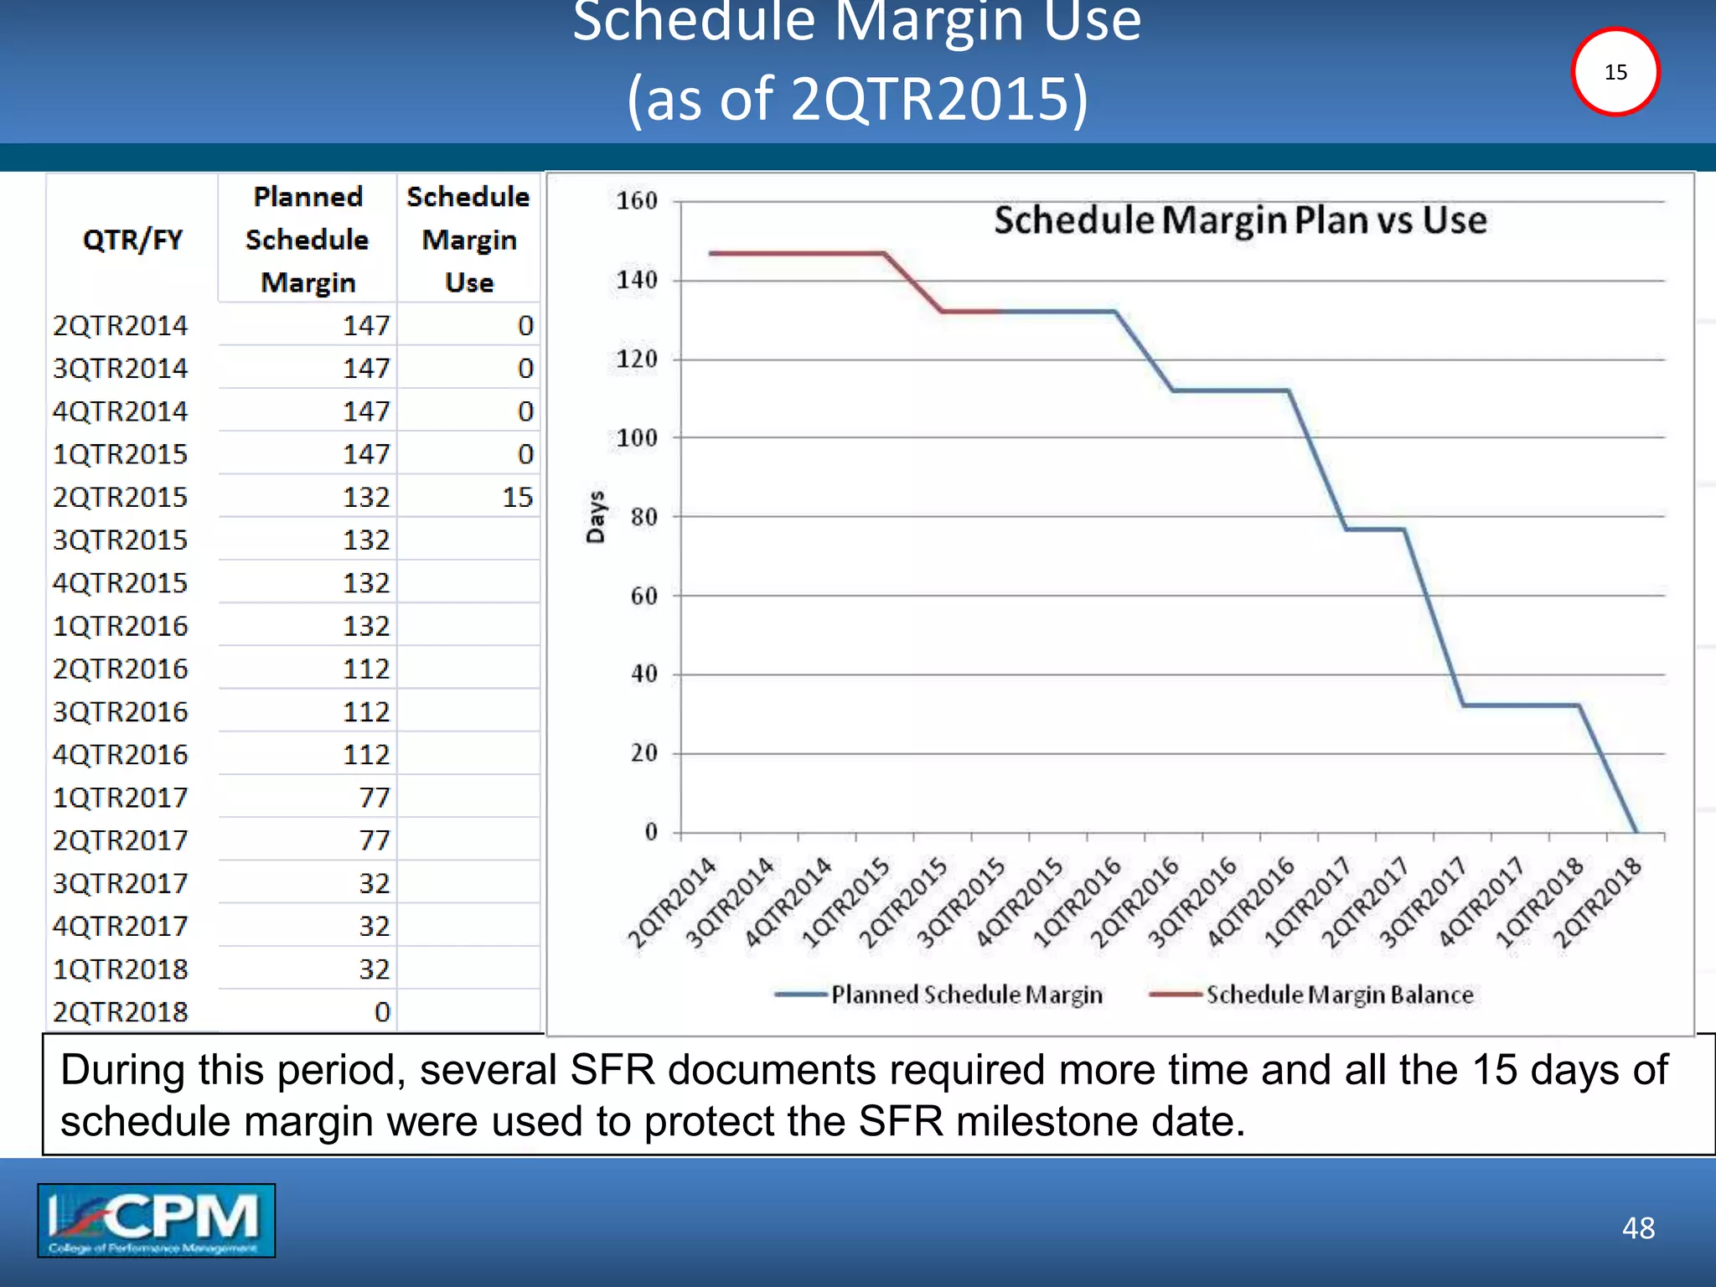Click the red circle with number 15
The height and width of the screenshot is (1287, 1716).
click(1615, 72)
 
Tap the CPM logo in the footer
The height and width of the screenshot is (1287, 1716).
click(157, 1220)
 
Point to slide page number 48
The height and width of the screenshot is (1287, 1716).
click(1638, 1228)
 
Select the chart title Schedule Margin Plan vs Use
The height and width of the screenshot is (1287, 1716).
click(1240, 220)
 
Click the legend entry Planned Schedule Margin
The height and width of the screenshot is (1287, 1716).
click(966, 995)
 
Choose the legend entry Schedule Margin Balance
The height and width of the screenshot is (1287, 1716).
click(1339, 995)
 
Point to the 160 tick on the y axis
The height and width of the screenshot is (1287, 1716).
click(637, 201)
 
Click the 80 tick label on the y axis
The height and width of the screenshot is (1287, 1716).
click(643, 517)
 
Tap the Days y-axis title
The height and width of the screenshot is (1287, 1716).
click(596, 517)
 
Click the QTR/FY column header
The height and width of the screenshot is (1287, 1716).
click(132, 240)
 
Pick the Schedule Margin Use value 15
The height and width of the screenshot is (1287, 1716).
click(517, 498)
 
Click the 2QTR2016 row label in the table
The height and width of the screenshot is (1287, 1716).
click(121, 669)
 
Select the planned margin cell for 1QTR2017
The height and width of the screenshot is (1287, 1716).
click(375, 798)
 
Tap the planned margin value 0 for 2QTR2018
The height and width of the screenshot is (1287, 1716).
click(382, 1012)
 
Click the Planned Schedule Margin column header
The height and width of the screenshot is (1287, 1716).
click(308, 240)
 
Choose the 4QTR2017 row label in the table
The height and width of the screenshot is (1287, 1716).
click(121, 927)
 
